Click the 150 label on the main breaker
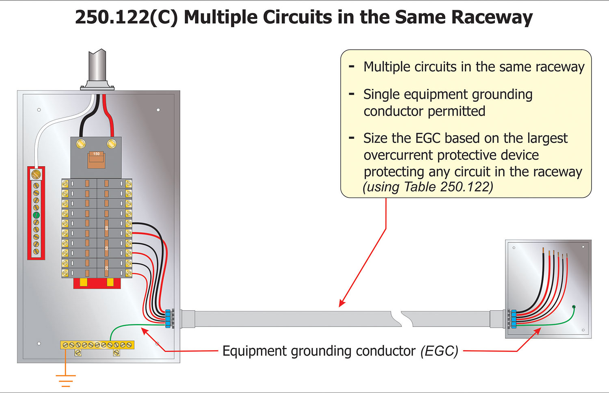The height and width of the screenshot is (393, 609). (x=96, y=154)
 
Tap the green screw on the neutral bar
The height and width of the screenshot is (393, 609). (x=36, y=215)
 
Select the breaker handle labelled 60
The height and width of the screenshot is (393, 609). (x=107, y=228)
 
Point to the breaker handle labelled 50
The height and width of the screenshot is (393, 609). (x=107, y=248)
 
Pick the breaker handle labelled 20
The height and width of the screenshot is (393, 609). (x=107, y=268)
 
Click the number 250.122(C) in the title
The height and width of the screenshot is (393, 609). (x=126, y=17)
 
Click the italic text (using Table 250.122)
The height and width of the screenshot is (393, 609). (x=428, y=187)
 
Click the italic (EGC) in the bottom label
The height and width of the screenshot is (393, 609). (x=439, y=351)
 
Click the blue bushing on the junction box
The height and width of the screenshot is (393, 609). (x=513, y=319)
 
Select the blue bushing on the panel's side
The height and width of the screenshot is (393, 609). (x=168, y=318)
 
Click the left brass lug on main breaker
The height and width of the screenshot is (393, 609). (x=81, y=144)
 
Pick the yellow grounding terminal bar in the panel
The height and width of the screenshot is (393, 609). (x=97, y=345)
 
